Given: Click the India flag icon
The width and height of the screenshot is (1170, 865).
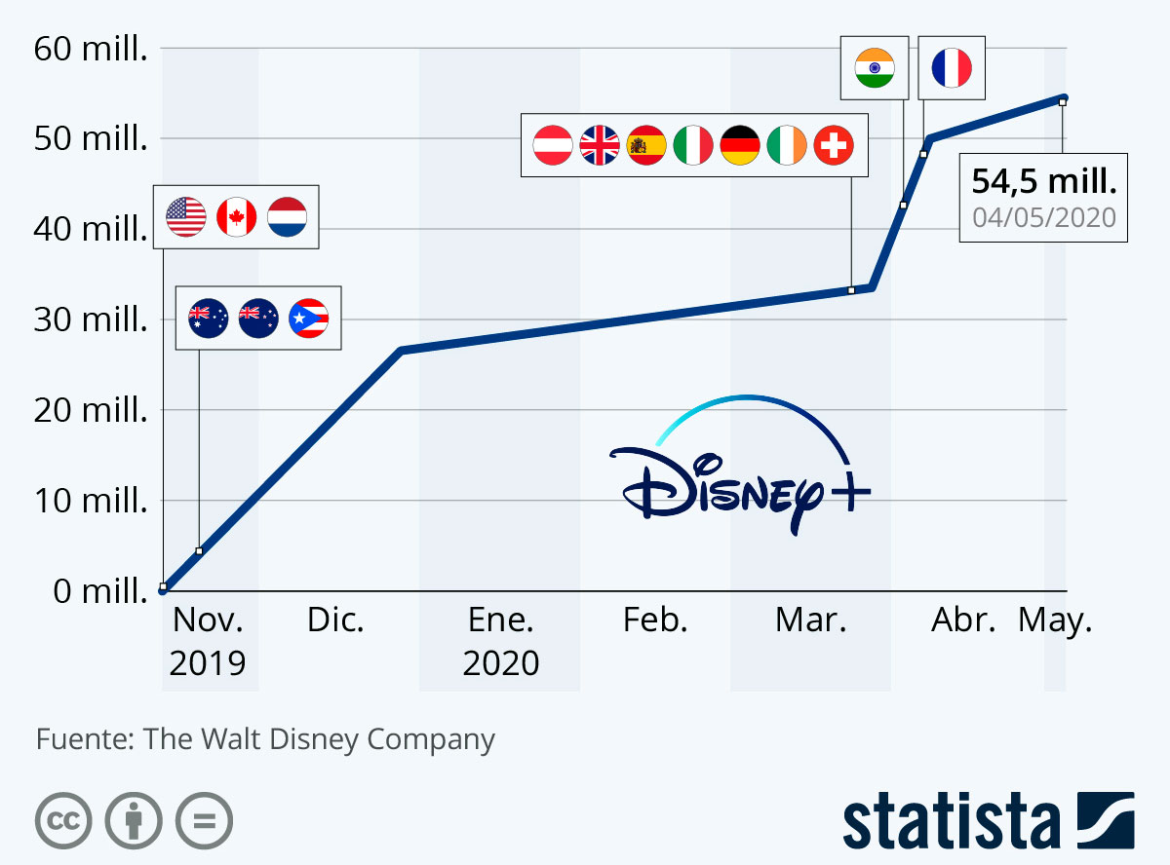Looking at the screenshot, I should click(875, 68).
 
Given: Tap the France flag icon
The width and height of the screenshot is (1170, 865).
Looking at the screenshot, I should click(952, 68).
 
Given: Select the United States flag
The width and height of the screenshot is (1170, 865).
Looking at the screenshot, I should click(186, 216).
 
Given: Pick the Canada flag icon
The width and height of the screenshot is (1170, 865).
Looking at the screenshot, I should click(236, 216).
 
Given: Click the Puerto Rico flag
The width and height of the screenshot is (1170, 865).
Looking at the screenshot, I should click(309, 318).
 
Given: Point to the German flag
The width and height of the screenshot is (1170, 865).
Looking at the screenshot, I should click(740, 146).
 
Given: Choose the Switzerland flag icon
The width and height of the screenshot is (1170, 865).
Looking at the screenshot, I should click(834, 146).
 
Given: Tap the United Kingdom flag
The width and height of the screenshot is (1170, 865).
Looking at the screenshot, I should click(600, 146).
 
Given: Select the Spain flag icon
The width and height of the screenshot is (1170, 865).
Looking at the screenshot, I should click(646, 146).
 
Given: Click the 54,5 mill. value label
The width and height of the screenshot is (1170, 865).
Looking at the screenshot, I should click(1044, 182).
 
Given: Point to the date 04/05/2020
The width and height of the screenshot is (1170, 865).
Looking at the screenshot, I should click(1044, 216).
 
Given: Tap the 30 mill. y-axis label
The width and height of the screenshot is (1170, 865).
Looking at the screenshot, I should click(90, 320).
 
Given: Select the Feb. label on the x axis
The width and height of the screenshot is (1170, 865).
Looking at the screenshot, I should click(655, 621).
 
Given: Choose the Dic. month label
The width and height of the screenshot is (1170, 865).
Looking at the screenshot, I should click(335, 621).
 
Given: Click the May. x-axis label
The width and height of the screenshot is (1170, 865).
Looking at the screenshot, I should click(1055, 621).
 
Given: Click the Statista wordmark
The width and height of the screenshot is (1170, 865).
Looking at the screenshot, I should click(951, 821).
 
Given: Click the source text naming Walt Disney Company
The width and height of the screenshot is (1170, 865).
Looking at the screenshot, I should click(265, 739).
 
